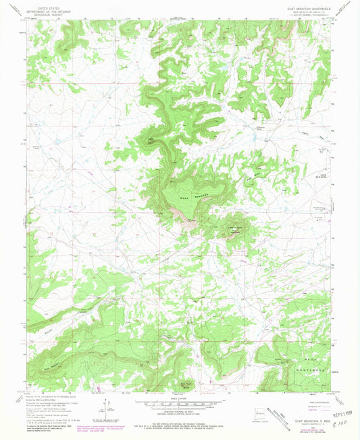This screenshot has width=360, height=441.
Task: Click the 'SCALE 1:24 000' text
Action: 180,397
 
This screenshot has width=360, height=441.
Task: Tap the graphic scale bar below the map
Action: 180,403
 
